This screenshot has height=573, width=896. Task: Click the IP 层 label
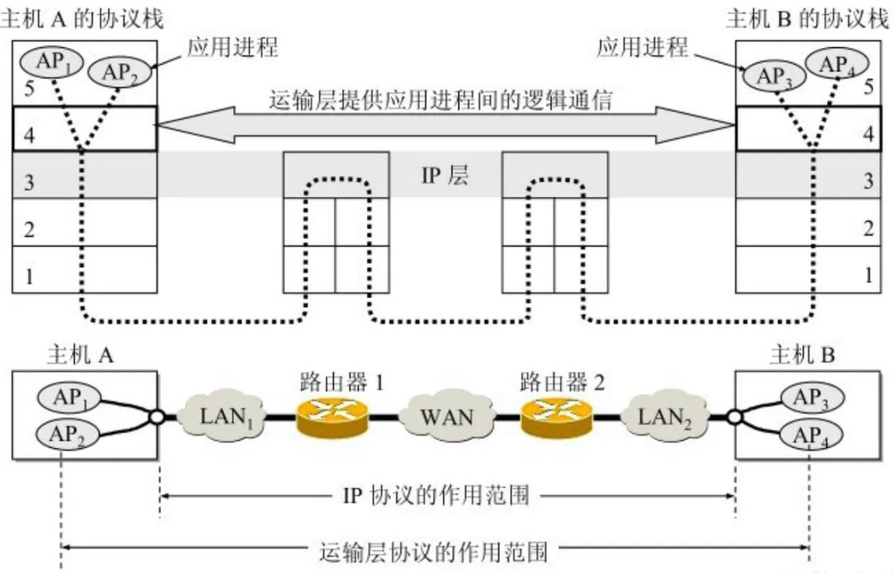pos(445,177)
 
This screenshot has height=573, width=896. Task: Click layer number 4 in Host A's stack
pos(28,135)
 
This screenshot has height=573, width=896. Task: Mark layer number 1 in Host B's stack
pos(869,274)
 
